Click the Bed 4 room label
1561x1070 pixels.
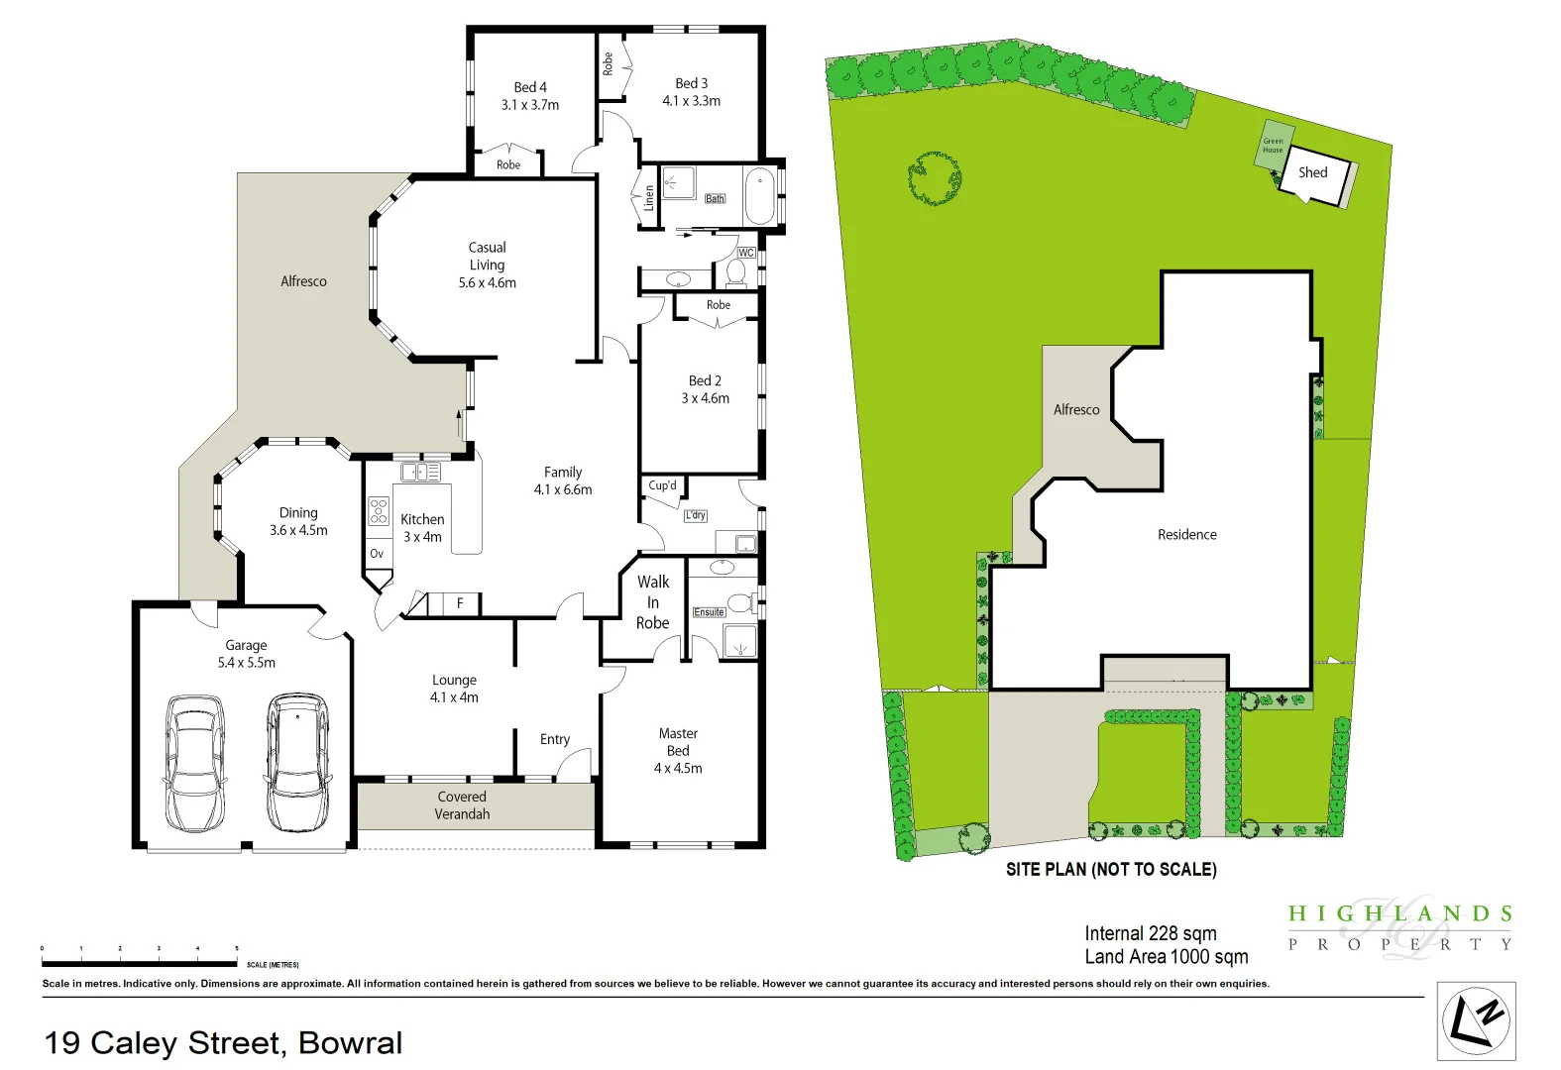click(530, 87)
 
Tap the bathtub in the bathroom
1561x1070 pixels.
click(760, 195)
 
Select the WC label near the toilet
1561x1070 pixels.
click(746, 253)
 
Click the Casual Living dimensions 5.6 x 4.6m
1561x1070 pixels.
click(487, 282)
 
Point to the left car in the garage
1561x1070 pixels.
click(194, 762)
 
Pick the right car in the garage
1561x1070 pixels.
click(297, 762)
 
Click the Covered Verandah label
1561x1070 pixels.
click(462, 804)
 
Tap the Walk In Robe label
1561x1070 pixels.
click(652, 602)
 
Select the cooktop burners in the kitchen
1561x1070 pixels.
click(379, 511)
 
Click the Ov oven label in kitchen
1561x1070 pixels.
click(377, 554)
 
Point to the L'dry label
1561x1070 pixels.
click(696, 515)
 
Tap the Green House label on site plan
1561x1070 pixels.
click(1273, 146)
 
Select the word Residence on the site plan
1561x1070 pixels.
click(1186, 534)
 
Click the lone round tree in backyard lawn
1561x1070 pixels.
click(934, 178)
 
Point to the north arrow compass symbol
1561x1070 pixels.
click(1476, 1021)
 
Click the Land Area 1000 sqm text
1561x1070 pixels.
click(1166, 956)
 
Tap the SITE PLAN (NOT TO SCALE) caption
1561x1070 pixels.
click(1111, 869)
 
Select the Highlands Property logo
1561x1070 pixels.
click(1399, 927)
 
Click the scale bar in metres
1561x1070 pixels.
click(139, 962)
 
